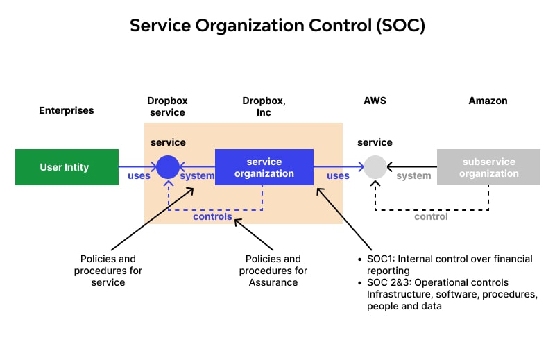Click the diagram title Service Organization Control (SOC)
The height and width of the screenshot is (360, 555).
pyautogui.click(x=277, y=26)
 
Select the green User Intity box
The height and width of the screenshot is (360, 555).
pyautogui.click(x=67, y=167)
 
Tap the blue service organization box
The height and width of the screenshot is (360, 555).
pyautogui.click(x=264, y=167)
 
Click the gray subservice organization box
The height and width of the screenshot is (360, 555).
pyautogui.click(x=488, y=167)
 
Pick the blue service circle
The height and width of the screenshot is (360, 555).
pyautogui.click(x=168, y=167)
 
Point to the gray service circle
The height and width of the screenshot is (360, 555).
pyautogui.click(x=375, y=167)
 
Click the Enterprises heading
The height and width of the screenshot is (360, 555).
pyautogui.click(x=66, y=110)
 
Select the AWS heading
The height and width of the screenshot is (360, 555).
pyautogui.click(x=375, y=101)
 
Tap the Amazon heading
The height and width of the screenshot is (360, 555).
pyautogui.click(x=488, y=101)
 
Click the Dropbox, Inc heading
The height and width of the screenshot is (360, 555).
pyautogui.click(x=264, y=106)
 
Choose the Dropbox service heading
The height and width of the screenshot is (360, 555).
pyautogui.click(x=167, y=106)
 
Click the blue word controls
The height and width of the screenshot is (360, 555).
pyautogui.click(x=212, y=216)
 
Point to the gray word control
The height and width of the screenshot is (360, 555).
pyautogui.click(x=431, y=216)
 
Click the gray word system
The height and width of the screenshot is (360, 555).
pyautogui.click(x=413, y=175)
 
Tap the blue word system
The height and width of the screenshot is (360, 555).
pyautogui.click(x=197, y=175)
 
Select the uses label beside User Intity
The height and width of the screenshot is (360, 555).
pyautogui.click(x=139, y=175)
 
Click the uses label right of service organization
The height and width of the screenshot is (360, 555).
pyautogui.click(x=338, y=175)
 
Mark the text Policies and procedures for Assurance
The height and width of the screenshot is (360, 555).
pyautogui.click(x=273, y=271)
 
